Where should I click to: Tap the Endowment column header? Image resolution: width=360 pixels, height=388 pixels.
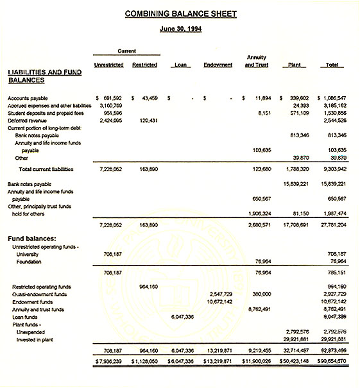218,65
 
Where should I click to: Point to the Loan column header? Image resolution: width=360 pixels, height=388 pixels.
180,65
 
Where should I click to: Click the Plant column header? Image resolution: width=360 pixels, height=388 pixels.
295,65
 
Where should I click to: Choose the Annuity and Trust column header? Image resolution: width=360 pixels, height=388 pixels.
257,61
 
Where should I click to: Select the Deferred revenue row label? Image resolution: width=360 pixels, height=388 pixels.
27,121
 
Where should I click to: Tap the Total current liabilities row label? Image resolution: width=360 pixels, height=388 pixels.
46,169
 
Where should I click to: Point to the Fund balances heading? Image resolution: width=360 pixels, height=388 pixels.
35,239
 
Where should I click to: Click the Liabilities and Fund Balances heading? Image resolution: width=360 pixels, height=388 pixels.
44,76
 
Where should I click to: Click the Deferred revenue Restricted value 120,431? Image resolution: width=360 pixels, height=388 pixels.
148,121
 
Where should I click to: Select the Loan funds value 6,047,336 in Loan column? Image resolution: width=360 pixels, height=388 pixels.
183,316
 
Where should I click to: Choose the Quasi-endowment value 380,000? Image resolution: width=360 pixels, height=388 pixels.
260,294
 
